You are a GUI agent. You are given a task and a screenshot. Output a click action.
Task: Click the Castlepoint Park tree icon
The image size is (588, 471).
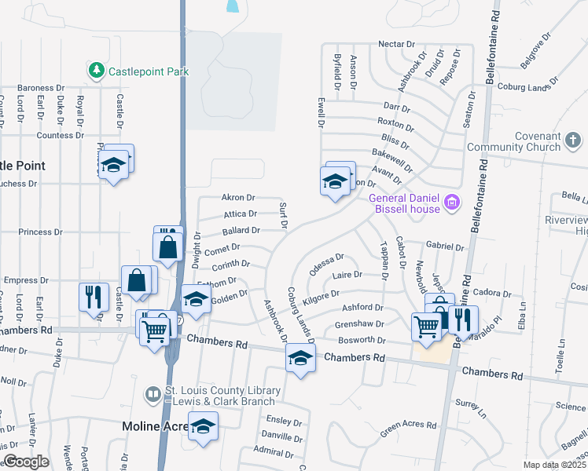(x=97, y=71)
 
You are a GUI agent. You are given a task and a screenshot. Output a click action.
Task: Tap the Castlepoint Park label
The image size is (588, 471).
(x=149, y=71)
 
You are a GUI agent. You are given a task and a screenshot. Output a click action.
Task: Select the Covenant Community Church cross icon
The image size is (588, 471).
(x=574, y=141)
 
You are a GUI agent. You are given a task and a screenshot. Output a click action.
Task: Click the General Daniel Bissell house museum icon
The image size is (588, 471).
(x=451, y=203)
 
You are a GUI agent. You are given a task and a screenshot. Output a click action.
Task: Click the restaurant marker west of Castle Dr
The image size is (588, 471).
(x=93, y=297)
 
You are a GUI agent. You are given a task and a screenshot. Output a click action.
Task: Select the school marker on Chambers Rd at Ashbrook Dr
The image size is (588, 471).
(x=300, y=358)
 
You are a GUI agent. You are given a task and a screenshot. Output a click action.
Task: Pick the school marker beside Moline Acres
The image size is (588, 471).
(x=203, y=425)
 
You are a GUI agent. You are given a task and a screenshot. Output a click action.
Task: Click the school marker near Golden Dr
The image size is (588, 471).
(x=196, y=298)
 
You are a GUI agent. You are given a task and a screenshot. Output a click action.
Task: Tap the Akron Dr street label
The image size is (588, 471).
(x=238, y=198)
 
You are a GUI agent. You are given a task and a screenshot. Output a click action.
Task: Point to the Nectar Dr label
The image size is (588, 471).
(x=395, y=44)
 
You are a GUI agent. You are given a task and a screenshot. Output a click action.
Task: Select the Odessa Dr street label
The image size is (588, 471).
(x=327, y=262)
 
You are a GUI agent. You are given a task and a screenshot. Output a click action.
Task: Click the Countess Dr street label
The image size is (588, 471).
(x=60, y=135)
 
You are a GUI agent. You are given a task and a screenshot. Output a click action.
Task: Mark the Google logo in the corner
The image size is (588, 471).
(x=26, y=462)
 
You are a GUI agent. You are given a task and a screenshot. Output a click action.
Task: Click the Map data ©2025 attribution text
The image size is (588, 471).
(x=554, y=465)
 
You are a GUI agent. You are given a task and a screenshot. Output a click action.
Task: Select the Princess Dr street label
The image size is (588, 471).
(x=40, y=232)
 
